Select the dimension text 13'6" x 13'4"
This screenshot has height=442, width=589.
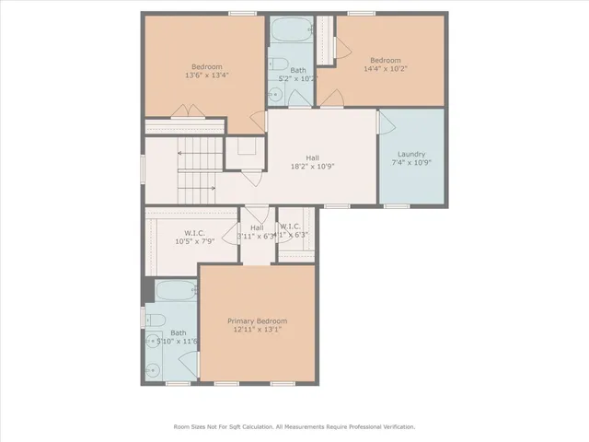point(207,76)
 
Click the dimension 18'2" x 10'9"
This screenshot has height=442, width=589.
point(313,167)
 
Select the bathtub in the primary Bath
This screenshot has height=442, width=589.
point(176,292)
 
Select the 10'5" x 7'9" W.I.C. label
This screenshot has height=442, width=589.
point(194,237)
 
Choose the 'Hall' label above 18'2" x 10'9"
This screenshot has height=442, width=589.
point(313,157)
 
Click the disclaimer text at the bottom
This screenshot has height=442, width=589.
point(294,426)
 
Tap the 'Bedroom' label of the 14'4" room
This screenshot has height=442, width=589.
point(386,60)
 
